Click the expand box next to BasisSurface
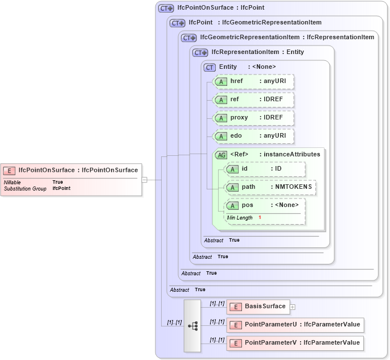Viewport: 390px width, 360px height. (293, 307)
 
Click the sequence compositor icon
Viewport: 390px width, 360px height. (192, 325)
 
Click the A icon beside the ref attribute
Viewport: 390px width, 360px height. (220, 100)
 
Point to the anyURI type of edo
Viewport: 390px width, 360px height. (274, 136)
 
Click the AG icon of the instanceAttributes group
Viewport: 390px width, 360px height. (220, 155)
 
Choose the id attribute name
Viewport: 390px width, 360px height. (245, 169)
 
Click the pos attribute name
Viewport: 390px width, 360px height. (248, 205)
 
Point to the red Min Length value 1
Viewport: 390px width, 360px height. (260, 218)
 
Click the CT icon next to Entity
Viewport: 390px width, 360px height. (210, 67)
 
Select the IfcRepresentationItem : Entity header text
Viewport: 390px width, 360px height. (257, 52)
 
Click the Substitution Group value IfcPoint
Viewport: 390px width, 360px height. (61, 188)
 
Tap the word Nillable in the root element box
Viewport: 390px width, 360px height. (13, 183)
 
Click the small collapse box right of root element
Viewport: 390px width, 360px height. (145, 180)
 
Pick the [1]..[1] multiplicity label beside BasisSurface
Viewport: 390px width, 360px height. (217, 304)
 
